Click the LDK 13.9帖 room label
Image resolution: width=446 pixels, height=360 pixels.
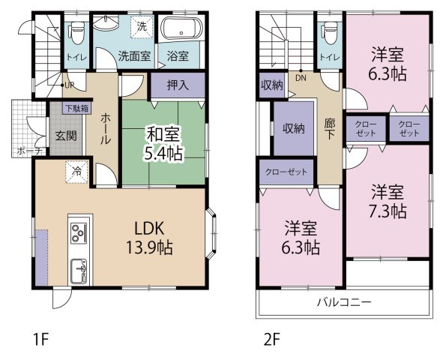pos(154,235)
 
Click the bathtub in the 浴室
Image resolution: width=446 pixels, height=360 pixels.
pos(181,32)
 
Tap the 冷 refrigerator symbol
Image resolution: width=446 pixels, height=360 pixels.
pos(76,170)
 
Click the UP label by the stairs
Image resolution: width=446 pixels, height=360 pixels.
pos(68,85)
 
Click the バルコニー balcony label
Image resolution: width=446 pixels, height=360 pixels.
pos(343,303)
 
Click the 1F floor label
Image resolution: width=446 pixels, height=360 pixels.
pos(40,340)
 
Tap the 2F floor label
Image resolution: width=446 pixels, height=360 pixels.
pos(271,340)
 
